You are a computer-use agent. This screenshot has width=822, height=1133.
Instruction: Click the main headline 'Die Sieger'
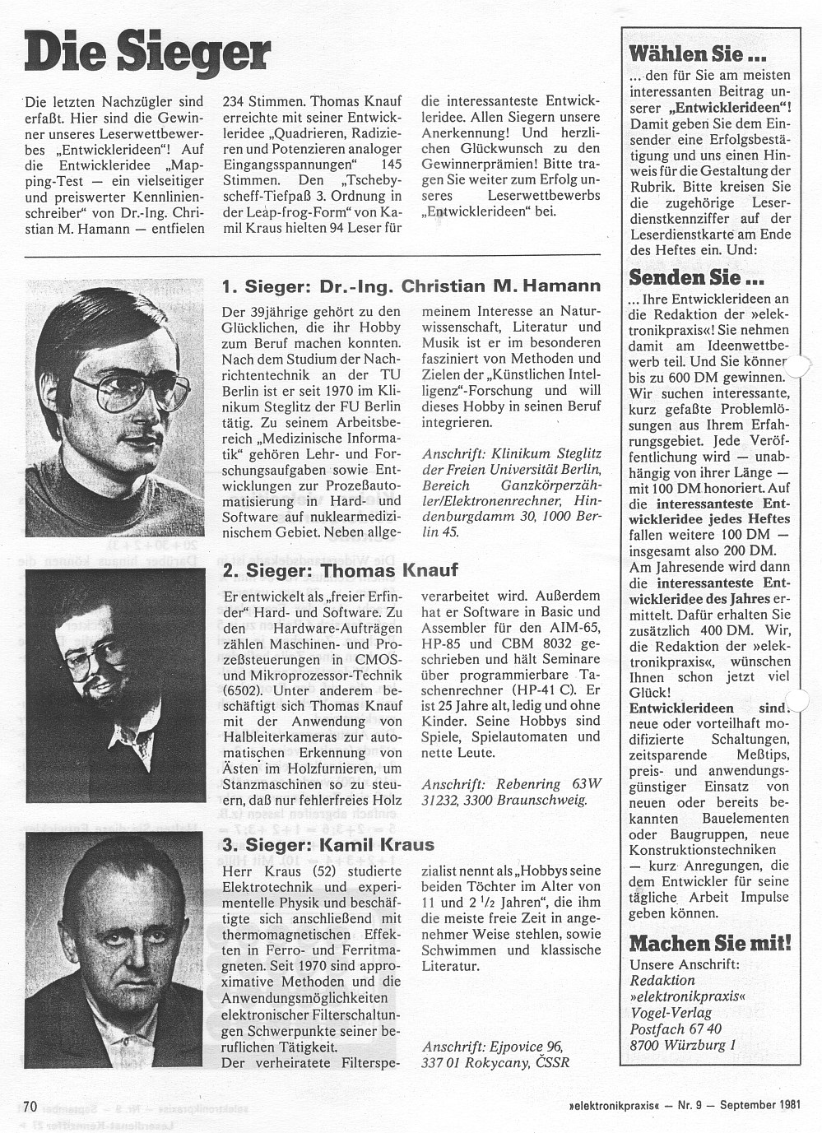point(147,51)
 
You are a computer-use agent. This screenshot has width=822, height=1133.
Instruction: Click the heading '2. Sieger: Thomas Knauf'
point(340,569)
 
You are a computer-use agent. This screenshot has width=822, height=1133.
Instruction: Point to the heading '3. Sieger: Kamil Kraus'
point(328,844)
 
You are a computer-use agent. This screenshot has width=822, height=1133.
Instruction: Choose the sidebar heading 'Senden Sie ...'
point(685,276)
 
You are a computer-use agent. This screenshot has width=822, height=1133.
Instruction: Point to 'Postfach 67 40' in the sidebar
point(676,1029)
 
